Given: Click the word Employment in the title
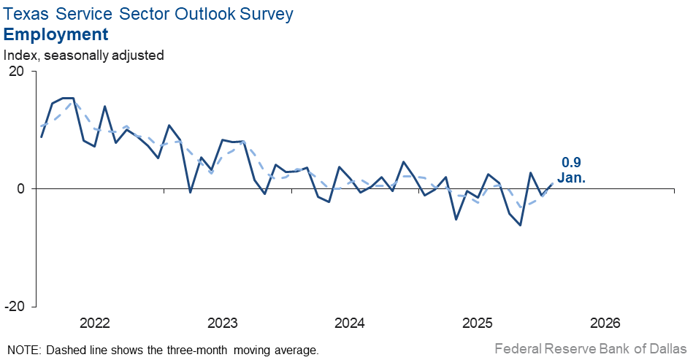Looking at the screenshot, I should click(x=56, y=34).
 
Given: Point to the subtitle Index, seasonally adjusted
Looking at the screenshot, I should click(x=84, y=55).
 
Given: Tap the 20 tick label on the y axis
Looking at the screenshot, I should click(x=16, y=72).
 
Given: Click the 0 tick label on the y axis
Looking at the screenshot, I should click(x=20, y=188).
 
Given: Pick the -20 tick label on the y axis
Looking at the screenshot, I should click(x=14, y=306).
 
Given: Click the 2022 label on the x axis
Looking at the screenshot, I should click(x=94, y=323).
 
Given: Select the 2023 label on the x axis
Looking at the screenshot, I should click(x=222, y=323).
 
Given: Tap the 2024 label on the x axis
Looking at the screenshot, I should click(x=350, y=323).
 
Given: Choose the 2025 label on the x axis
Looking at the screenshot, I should click(x=478, y=323).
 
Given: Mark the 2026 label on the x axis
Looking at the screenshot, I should click(x=605, y=323).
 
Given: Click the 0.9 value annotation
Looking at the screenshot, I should click(x=571, y=163).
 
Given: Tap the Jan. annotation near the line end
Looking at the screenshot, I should click(x=571, y=177).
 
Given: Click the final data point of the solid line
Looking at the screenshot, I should click(x=552, y=183).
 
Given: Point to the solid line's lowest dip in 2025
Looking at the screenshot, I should click(x=520, y=225).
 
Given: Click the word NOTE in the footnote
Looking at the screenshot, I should click(x=24, y=350).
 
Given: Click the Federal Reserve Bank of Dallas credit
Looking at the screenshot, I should click(x=590, y=348).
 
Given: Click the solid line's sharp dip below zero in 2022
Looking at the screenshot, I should click(x=191, y=192).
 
